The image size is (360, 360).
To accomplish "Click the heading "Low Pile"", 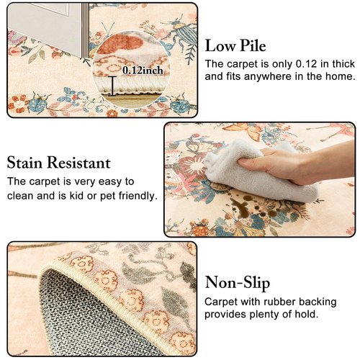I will pos(235,46).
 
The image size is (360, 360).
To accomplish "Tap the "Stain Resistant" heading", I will pos(58,162).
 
